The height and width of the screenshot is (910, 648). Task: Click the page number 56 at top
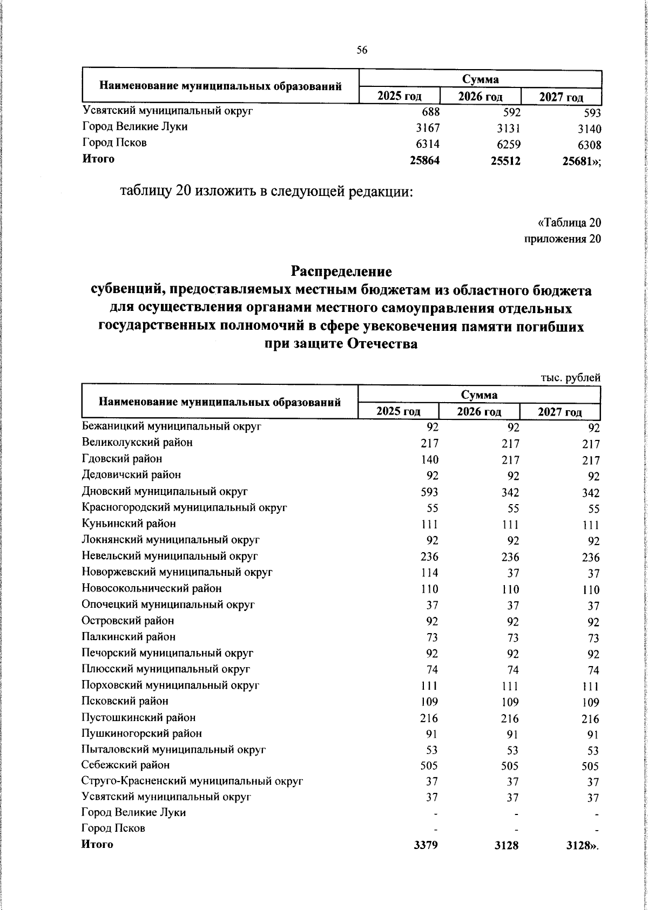362,50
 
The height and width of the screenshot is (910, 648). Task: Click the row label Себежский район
125,765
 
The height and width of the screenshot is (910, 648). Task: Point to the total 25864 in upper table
424,160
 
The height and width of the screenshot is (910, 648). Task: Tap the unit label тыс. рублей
571,378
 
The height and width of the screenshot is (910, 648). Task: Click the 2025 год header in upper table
399,97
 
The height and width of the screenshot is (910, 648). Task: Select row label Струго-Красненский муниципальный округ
192,781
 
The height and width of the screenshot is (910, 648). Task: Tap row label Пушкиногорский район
141,733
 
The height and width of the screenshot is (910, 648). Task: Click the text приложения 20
563,239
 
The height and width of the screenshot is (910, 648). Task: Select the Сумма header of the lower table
480,394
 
